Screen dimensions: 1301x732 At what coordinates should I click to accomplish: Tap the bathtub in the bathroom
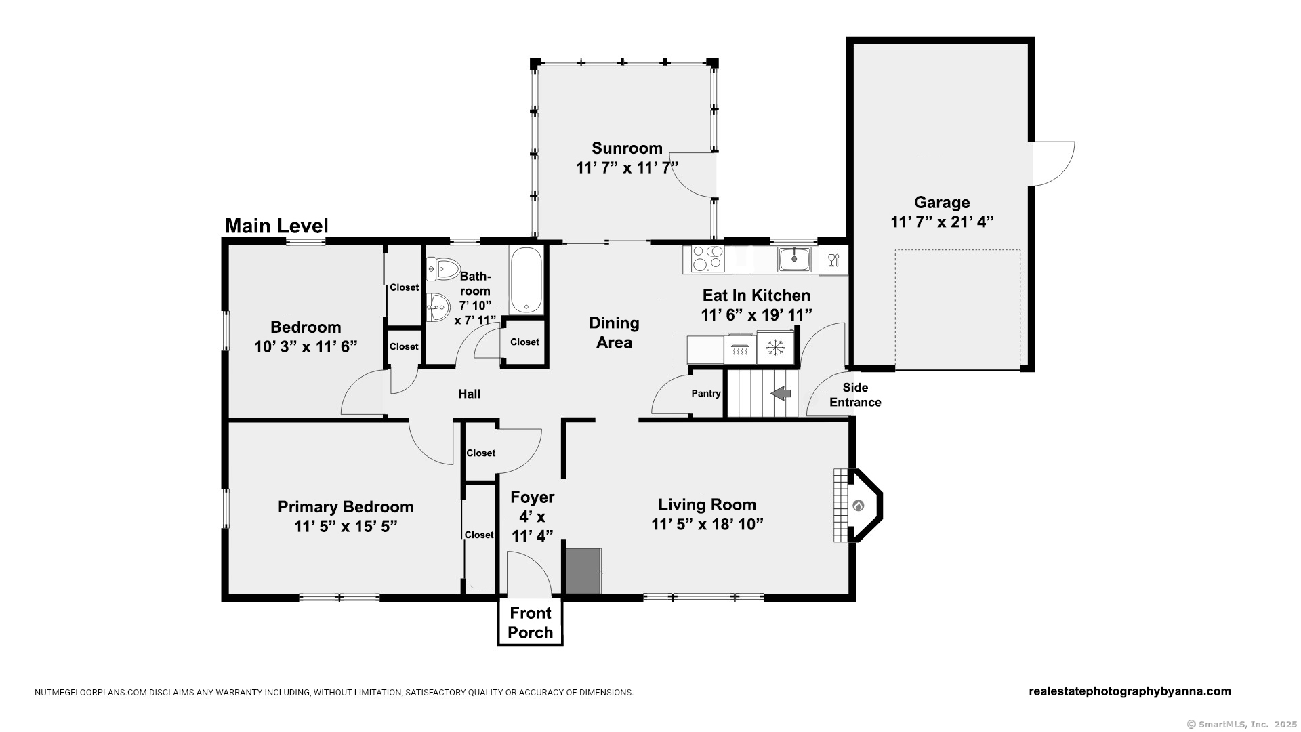pos(526,280)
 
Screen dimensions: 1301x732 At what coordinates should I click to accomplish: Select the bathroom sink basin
pos(438,307)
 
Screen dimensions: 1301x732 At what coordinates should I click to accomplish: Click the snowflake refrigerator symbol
pos(775,348)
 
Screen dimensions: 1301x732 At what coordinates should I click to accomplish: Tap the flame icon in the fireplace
pos(859,506)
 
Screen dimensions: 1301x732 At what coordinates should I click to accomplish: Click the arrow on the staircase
pos(781,393)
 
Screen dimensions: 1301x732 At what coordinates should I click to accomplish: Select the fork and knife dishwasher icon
pos(833,260)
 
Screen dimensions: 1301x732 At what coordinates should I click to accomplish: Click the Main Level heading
pos(276,226)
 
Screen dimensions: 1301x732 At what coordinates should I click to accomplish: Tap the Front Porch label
pos(531,623)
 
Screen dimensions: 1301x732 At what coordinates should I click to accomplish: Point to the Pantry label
pos(706,393)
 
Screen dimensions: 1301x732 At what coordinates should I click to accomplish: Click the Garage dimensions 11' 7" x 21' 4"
pos(942,222)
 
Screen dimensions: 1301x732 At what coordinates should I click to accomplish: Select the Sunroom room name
pos(627,148)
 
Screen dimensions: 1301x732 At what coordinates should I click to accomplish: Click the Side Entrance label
pos(855,394)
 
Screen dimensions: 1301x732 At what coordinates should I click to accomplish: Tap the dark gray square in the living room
pos(583,571)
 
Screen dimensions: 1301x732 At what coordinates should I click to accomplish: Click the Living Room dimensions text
pos(707,524)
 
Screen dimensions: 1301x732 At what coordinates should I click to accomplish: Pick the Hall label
pos(469,394)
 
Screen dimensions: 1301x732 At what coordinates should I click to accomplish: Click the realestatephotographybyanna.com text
pos(1130,691)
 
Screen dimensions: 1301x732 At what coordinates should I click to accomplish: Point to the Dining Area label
pos(614,333)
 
